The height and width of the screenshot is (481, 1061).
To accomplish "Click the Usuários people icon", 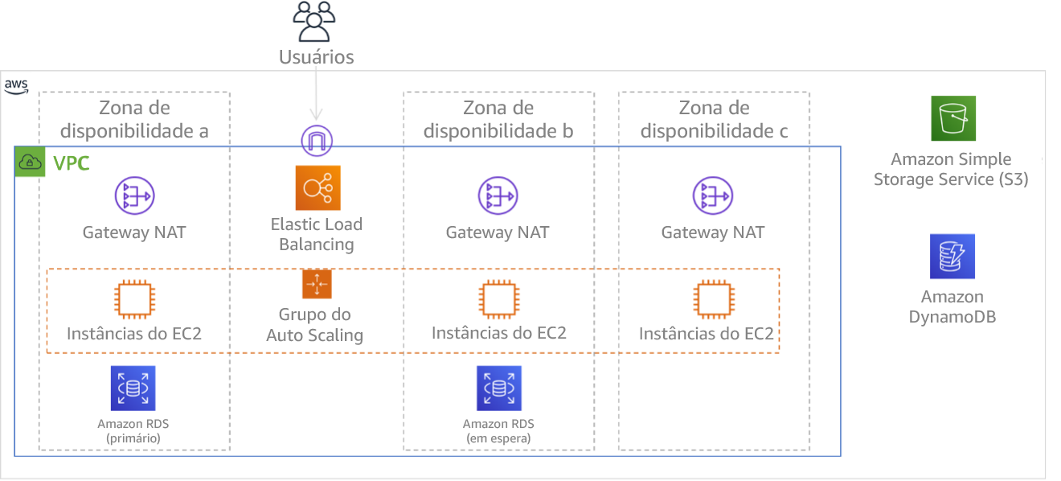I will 313,22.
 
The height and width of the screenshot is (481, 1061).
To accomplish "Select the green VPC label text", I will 70,165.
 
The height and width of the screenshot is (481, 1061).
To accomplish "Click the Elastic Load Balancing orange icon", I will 317,188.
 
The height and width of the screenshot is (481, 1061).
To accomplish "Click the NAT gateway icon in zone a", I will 134,196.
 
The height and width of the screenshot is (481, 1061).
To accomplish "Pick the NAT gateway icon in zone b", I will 498,196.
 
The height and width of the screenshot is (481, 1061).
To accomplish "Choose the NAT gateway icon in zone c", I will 713,196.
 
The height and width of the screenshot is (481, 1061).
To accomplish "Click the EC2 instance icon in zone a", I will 133,300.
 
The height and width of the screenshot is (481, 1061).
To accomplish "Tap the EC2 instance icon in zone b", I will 498,300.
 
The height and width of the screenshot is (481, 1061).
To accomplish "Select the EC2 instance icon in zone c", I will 713,300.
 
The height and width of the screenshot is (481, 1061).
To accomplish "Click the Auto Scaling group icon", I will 317,284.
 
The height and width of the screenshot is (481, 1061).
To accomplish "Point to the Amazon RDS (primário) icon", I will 133,388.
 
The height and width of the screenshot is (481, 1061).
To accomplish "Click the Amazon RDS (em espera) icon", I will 498,388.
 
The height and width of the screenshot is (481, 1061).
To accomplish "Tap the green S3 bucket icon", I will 952,119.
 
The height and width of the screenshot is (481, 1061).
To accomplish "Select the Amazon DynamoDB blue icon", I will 952,257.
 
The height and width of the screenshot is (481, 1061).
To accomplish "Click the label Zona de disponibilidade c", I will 714,119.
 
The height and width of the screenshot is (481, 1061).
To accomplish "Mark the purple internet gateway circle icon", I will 317,141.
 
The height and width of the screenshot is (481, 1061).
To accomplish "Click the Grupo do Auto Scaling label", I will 314,325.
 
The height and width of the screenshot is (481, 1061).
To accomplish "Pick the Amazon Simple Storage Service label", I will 951,170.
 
